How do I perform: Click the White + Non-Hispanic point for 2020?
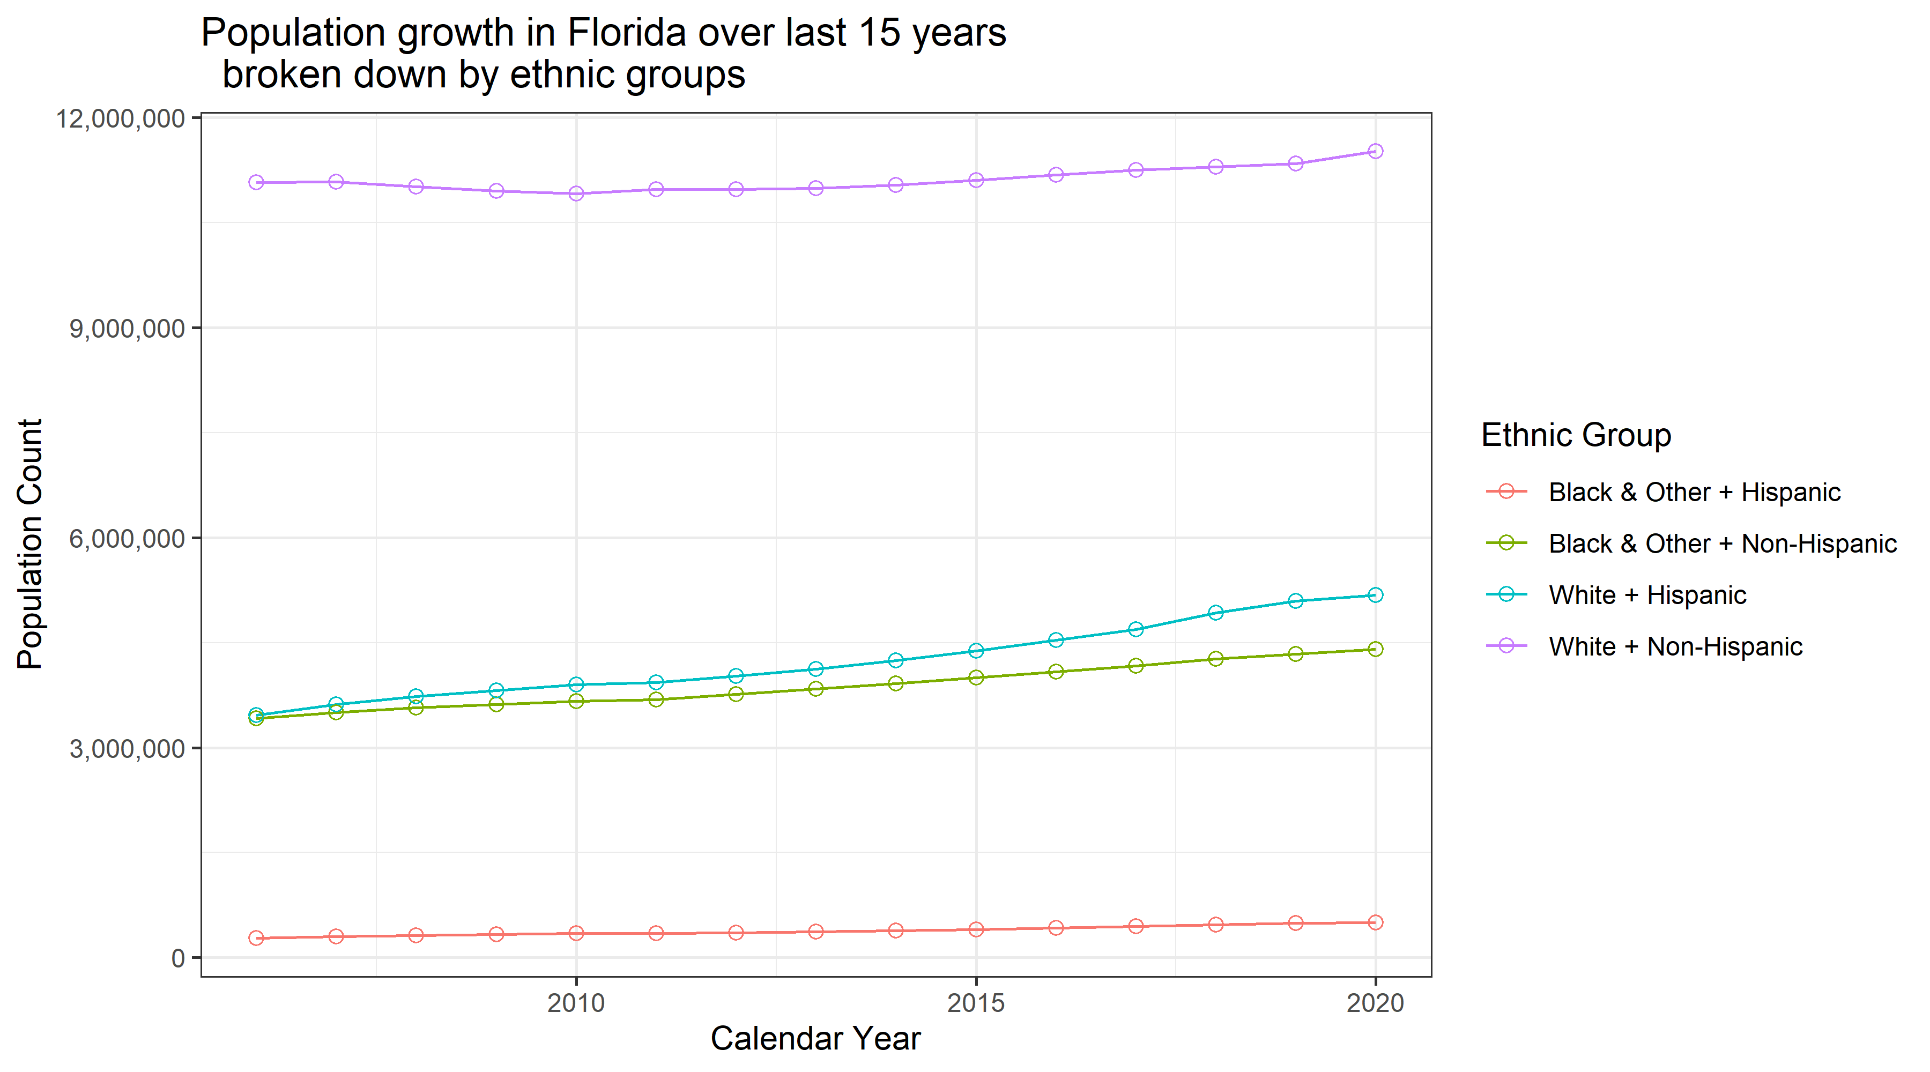[1376, 151]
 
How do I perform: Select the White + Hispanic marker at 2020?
[1376, 595]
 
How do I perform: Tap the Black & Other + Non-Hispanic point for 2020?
[1376, 649]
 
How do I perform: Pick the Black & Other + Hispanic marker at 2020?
[1376, 922]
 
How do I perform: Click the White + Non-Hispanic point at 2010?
[576, 193]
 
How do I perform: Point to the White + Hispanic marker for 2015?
[976, 650]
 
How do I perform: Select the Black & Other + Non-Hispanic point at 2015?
[976, 677]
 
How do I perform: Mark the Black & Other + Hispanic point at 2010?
[576, 933]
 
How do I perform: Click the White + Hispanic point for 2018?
[1216, 613]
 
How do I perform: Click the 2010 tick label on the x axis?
[576, 1002]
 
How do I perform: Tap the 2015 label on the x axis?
[976, 1002]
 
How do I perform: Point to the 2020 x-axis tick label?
[1376, 1002]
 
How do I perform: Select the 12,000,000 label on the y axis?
[121, 118]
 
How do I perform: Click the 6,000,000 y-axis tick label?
[128, 539]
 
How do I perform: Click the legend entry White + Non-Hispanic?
[1675, 646]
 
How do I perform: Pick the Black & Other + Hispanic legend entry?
[1694, 492]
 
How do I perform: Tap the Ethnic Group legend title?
[1576, 435]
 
